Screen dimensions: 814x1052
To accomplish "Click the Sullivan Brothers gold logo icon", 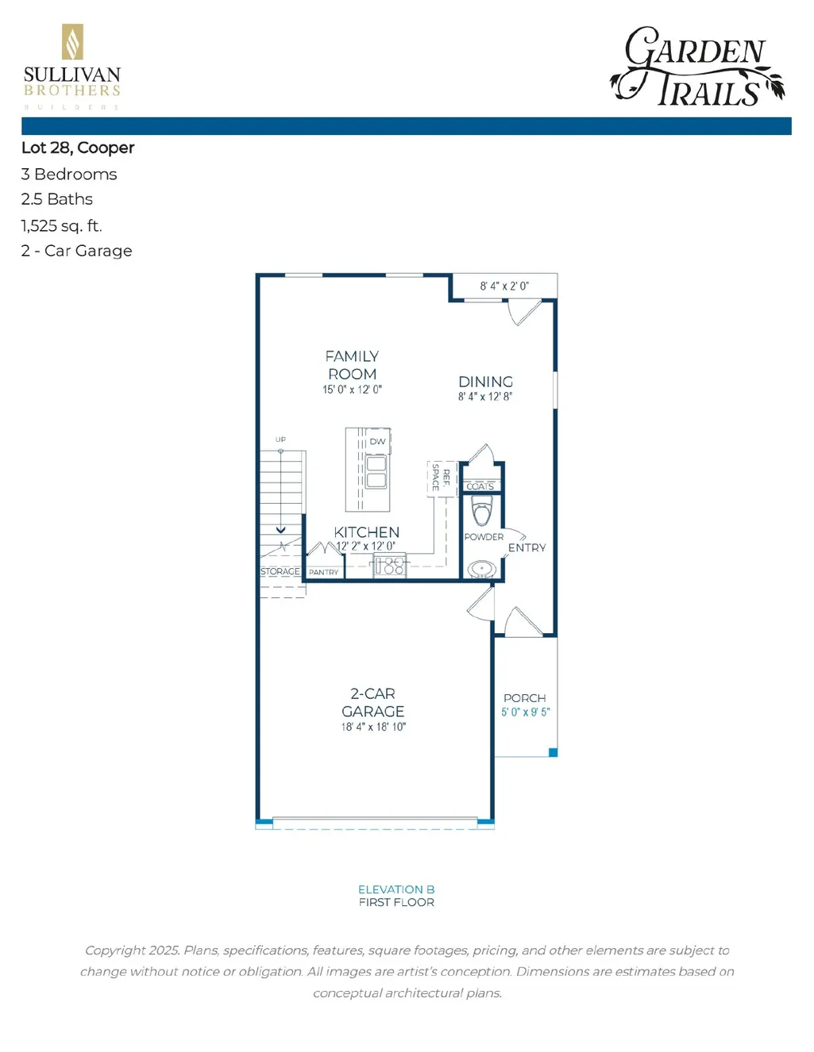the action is point(72,41).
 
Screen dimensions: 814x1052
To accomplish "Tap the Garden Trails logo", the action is point(697,67).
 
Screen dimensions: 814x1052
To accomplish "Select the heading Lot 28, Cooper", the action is point(78,148).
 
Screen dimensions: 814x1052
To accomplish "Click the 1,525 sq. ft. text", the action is point(61,225).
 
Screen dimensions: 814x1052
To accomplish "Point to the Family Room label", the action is point(353,365).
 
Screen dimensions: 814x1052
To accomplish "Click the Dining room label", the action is point(485,382).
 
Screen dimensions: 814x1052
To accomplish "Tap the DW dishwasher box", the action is point(378,441).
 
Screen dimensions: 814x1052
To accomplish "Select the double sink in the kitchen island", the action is point(376,472).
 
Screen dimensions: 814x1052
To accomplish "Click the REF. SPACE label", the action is point(442,478).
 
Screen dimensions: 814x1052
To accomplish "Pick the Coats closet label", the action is point(480,486).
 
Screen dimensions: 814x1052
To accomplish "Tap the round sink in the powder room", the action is point(481,570).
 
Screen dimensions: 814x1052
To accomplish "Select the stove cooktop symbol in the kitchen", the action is point(390,566).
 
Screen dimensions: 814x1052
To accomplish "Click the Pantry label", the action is point(324,572).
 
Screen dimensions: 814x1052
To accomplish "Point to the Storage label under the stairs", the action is point(280,571).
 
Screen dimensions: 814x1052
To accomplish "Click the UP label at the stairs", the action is point(280,440).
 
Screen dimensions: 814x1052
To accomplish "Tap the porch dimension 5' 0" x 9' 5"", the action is point(526,712).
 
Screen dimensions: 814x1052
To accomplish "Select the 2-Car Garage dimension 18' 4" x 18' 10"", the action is point(373,726).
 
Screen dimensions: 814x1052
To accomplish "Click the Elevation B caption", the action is point(396,889).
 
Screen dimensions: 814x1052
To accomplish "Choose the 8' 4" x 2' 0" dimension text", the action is point(504,286).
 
